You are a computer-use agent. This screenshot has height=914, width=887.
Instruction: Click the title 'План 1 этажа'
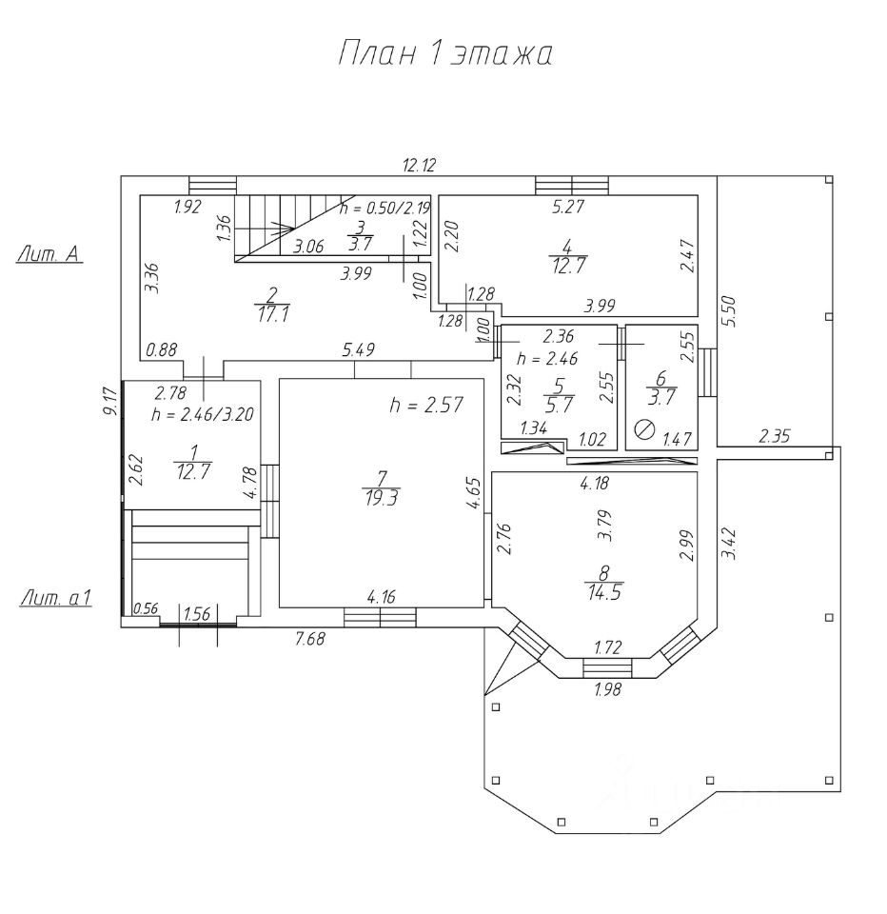tap(445, 54)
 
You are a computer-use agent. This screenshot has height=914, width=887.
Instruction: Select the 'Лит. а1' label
tap(56, 598)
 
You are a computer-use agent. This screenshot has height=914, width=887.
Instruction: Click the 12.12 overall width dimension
tap(420, 165)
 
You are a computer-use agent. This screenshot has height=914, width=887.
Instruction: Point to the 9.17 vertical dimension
tap(109, 402)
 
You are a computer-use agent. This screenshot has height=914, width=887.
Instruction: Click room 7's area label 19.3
tap(381, 498)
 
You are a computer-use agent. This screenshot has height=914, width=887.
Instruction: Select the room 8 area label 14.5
tap(604, 593)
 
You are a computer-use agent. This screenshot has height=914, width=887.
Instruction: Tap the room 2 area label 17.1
tap(273, 315)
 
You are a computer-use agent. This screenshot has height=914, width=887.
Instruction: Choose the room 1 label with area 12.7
tap(193, 463)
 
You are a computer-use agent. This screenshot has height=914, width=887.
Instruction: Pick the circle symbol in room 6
tap(644, 430)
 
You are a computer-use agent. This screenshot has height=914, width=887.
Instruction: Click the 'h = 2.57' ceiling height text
tap(426, 405)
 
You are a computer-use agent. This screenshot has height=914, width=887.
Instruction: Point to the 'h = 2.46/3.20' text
tap(202, 414)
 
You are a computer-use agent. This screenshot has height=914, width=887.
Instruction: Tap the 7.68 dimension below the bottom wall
tap(309, 640)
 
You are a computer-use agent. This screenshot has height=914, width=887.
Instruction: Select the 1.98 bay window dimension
tap(608, 689)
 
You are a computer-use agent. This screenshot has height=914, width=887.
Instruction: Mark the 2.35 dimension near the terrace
tap(774, 436)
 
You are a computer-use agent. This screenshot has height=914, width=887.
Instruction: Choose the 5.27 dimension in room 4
tap(568, 207)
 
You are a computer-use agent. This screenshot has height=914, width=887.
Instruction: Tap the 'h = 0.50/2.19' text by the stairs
tap(384, 209)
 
